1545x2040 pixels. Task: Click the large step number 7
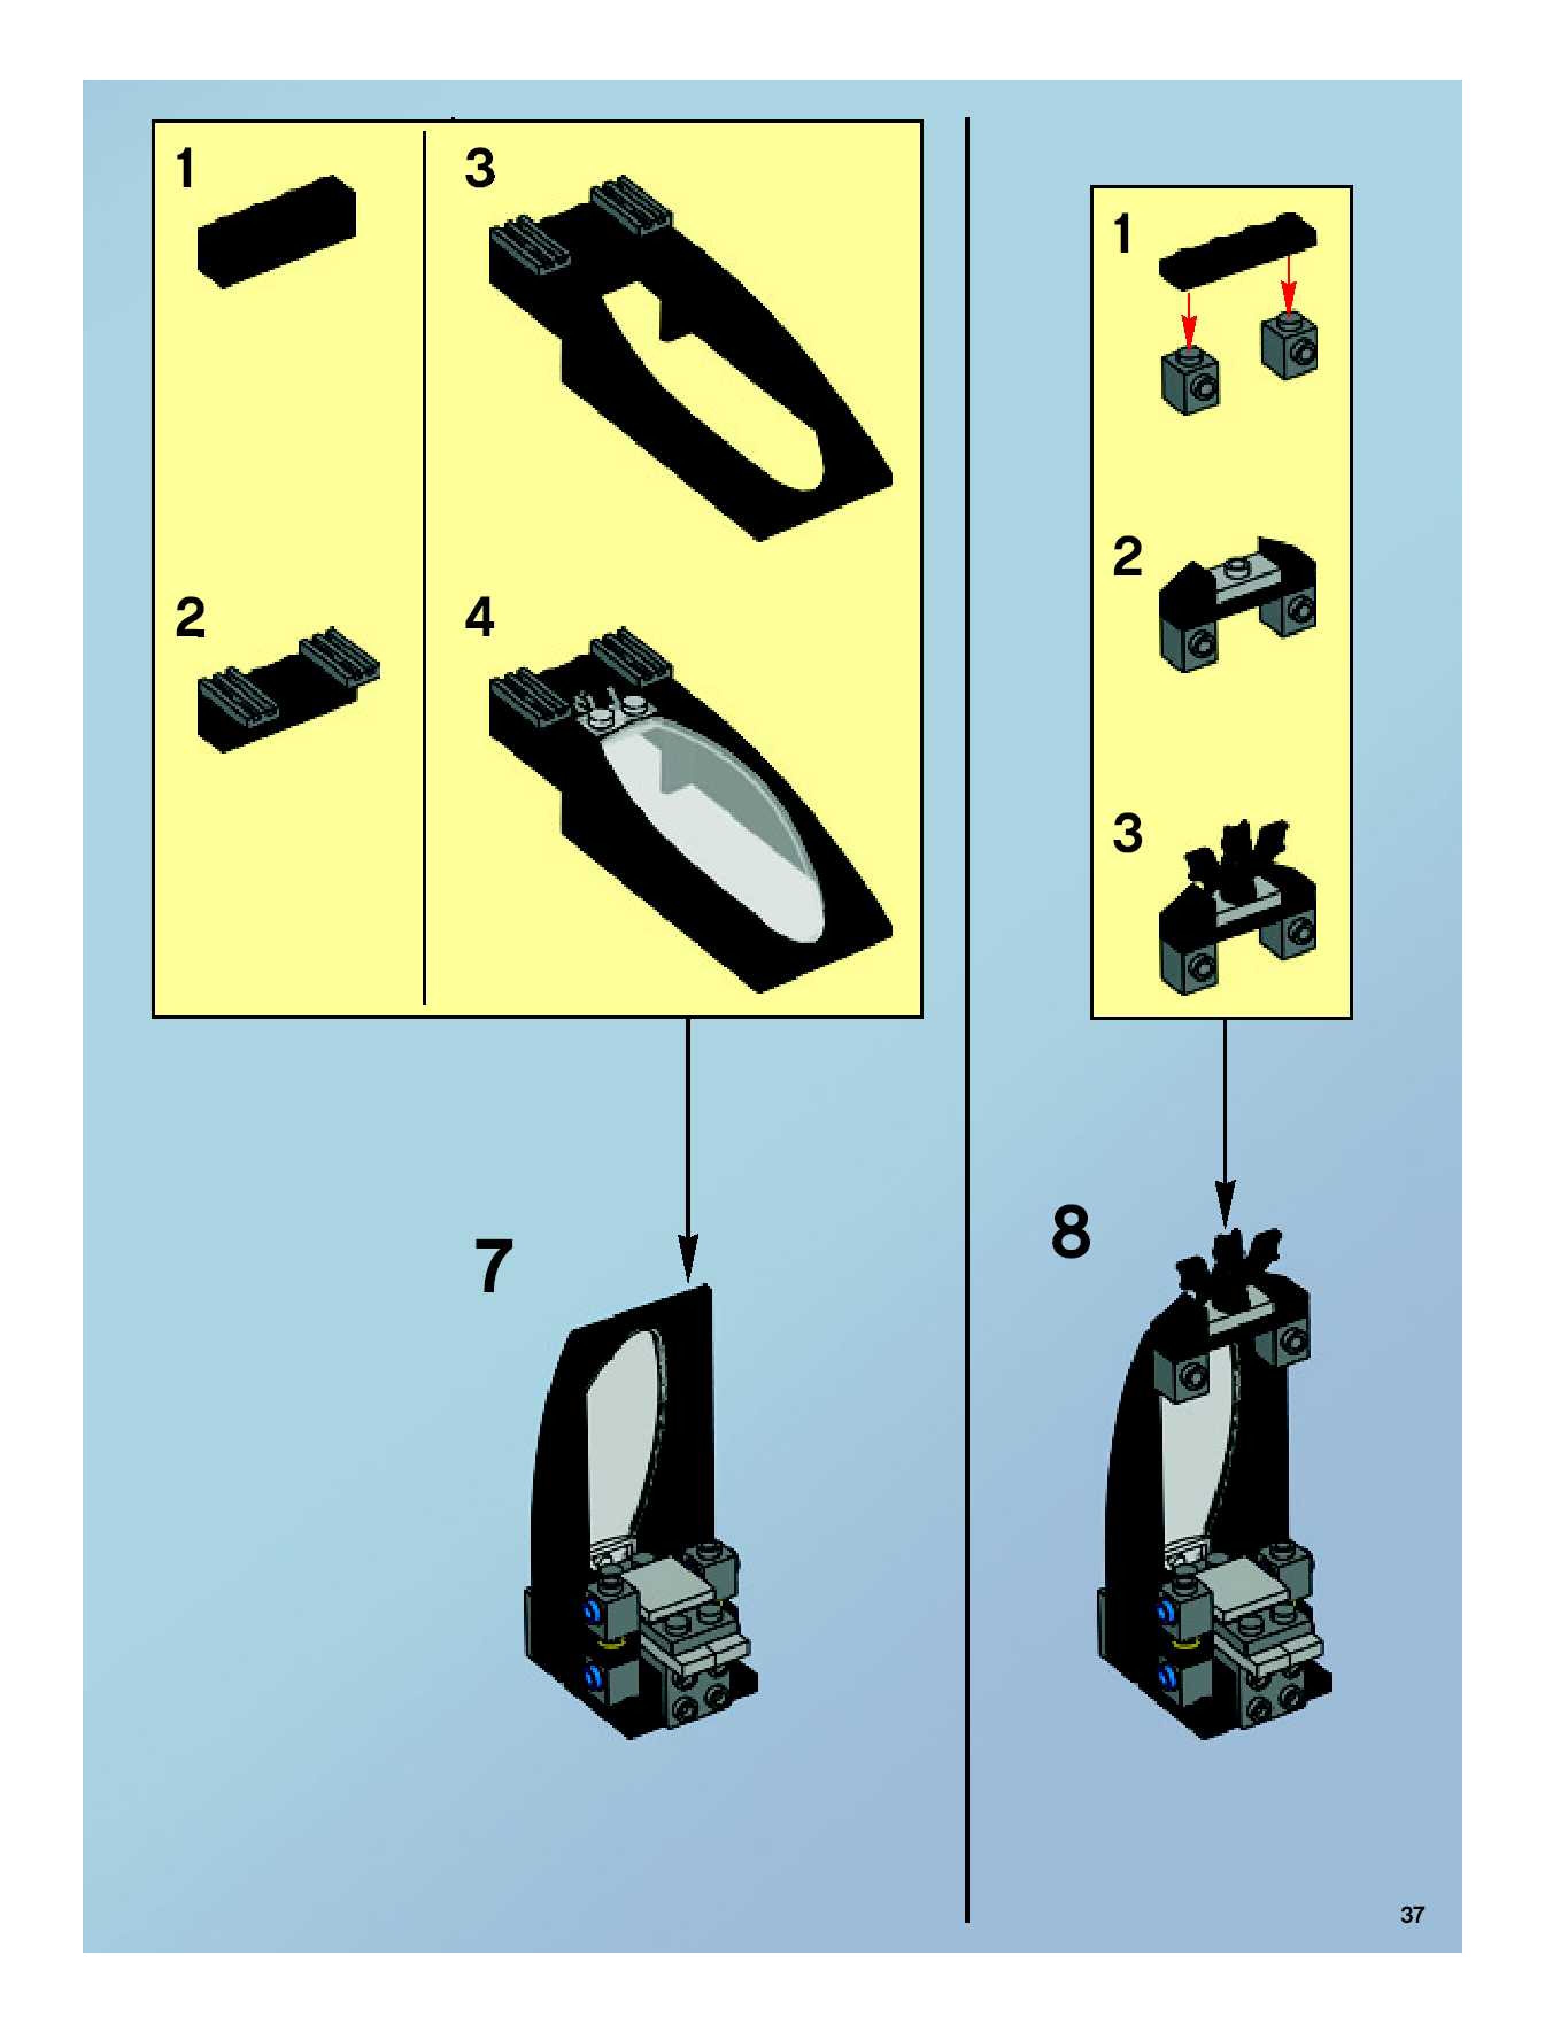pyautogui.click(x=493, y=1266)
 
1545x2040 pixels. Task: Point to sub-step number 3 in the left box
pyautogui.click(x=480, y=169)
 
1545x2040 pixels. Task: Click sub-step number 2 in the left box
pyautogui.click(x=190, y=618)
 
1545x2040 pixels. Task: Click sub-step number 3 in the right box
pyautogui.click(x=1126, y=833)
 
